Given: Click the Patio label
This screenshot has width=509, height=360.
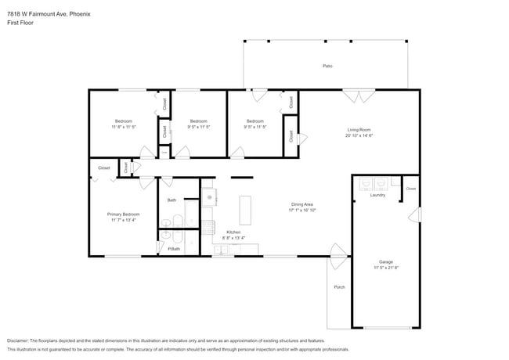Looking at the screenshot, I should (327, 66).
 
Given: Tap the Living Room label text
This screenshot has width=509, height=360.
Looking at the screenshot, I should (359, 129).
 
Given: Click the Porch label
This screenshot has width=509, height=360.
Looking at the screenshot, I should (339, 287).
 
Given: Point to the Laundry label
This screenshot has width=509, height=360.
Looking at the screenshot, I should (377, 195).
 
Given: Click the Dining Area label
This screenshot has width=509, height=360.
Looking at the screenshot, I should (301, 204).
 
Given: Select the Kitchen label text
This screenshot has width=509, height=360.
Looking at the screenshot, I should (233, 232).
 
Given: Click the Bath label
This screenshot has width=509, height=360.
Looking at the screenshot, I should (172, 200).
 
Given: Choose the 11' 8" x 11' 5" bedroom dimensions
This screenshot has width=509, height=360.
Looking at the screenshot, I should (124, 127).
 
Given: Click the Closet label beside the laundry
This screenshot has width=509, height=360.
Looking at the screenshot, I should (410, 189).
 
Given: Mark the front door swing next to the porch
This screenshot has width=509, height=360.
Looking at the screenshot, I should (338, 252).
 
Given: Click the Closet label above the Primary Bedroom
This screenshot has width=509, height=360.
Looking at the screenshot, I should (104, 167).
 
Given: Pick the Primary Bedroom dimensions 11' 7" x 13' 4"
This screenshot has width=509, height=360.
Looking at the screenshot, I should (124, 220).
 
